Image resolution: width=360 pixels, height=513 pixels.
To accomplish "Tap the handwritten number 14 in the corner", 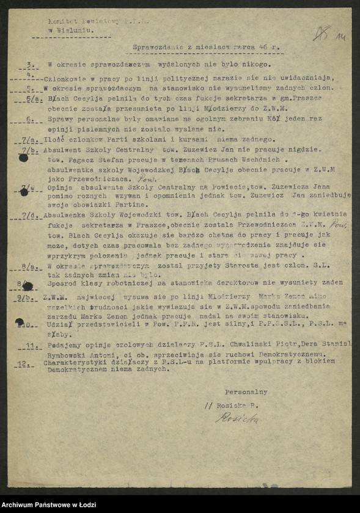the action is [x=340, y=36].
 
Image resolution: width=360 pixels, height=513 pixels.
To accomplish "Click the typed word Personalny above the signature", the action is [x=246, y=391].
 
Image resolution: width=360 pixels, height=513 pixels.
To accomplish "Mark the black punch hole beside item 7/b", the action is [x=23, y=158].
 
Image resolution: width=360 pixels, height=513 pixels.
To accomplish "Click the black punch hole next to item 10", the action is [x=20, y=322].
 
